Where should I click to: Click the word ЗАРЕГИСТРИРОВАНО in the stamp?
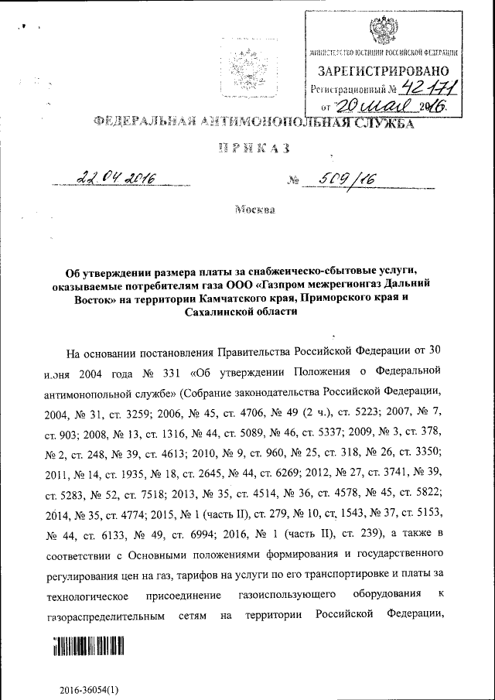pos(384,72)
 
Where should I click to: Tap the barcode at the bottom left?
pos(89,647)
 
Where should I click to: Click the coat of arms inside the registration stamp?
pos(383,30)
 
